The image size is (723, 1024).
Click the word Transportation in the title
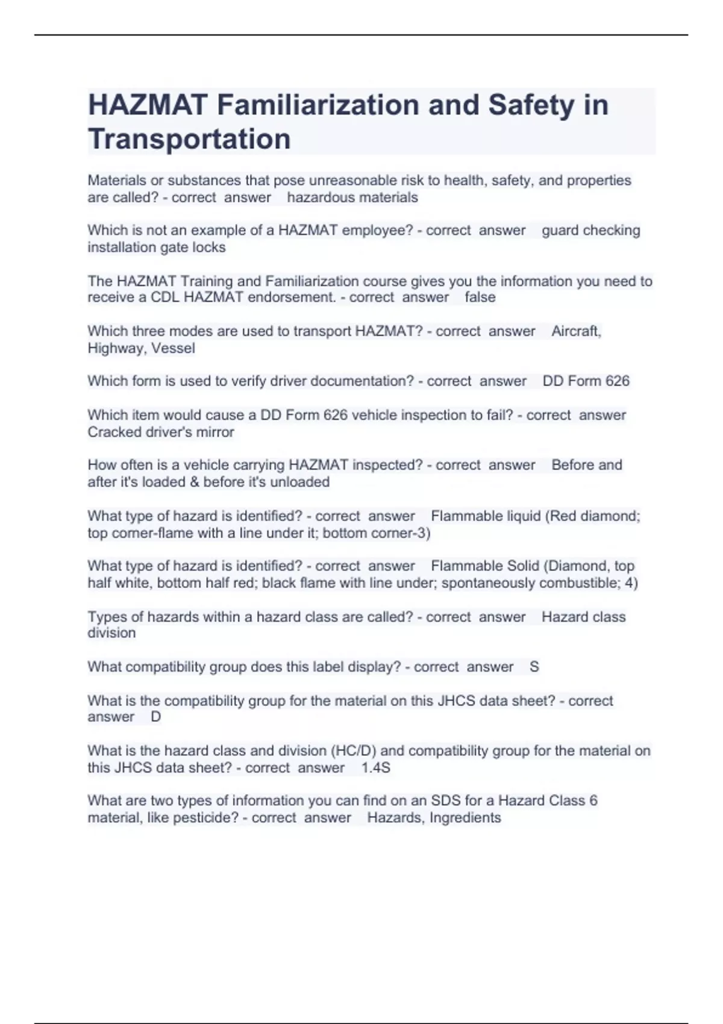click(x=189, y=139)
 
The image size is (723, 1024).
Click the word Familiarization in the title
click(x=318, y=105)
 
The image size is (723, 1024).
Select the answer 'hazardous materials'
click(x=352, y=198)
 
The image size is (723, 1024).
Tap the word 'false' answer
click(x=480, y=298)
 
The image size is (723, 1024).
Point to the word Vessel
click(x=173, y=348)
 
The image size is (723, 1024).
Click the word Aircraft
click(x=576, y=331)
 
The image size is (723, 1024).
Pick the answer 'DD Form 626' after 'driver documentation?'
click(x=586, y=381)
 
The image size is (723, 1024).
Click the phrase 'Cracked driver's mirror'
click(x=161, y=432)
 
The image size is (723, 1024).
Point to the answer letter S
click(x=534, y=667)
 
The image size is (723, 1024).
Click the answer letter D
click(x=155, y=717)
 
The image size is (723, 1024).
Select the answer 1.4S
click(x=375, y=768)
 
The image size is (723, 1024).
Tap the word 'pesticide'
click(x=205, y=818)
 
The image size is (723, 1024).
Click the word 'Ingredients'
click(x=465, y=818)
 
